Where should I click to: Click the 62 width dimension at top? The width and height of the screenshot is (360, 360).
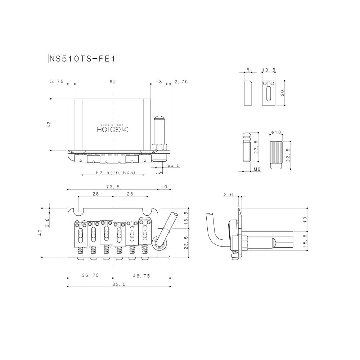click(x=113, y=82)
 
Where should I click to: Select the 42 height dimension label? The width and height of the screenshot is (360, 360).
click(x=49, y=124)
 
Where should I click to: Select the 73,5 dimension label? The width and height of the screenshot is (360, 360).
click(x=113, y=187)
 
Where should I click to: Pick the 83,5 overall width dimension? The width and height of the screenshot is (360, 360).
click(x=116, y=284)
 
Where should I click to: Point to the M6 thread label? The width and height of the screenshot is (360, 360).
click(x=257, y=169)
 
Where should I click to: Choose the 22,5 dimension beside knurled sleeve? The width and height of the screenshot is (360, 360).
click(x=287, y=155)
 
